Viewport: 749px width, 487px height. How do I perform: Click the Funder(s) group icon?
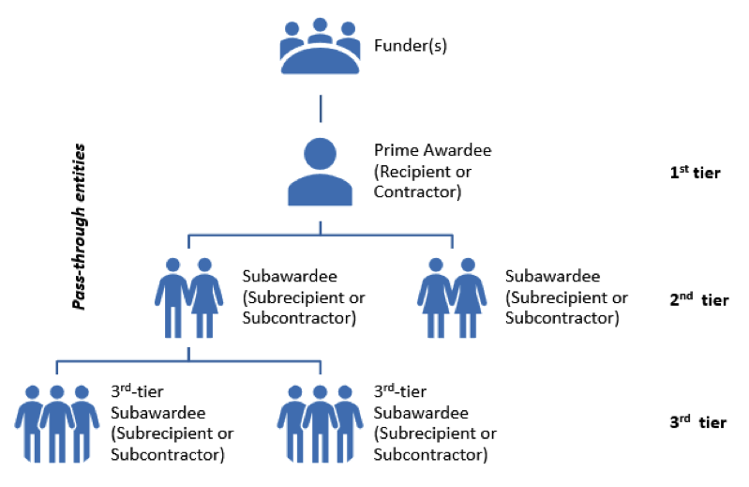321,48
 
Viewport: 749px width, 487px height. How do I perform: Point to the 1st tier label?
695,173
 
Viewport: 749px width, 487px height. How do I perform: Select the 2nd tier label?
698,300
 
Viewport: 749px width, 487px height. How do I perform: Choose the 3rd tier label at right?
697,423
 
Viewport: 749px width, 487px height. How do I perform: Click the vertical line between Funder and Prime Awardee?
321,108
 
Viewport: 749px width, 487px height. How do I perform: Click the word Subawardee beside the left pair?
288,277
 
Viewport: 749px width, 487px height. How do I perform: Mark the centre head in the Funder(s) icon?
321,26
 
